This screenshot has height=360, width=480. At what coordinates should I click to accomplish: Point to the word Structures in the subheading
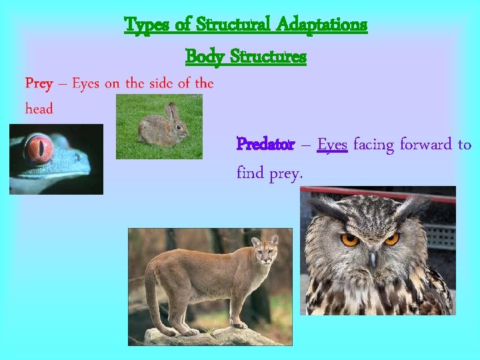point(267,57)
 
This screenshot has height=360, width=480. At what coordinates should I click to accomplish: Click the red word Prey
point(39,83)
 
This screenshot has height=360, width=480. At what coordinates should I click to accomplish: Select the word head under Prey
point(39,109)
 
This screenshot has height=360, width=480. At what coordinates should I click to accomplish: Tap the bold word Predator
point(265,144)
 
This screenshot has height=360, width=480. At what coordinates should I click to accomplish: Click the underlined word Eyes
point(332,144)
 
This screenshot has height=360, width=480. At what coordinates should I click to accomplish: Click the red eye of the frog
point(39,148)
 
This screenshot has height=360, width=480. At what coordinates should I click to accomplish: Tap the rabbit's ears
point(173,111)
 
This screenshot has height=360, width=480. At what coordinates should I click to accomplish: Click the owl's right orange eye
point(391,238)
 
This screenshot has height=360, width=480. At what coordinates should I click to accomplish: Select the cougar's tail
point(151,300)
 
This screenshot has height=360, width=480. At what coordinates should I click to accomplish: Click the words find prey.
point(269,174)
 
